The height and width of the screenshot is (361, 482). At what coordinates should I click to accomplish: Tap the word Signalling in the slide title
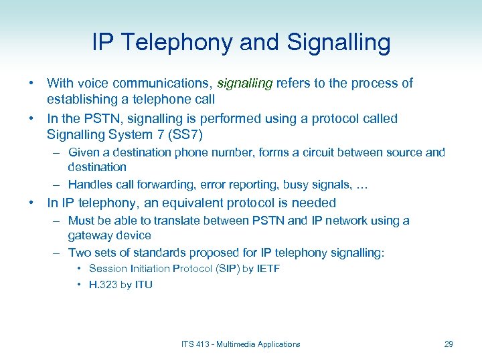(x=338, y=43)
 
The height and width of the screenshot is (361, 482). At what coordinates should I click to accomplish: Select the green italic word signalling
(x=244, y=83)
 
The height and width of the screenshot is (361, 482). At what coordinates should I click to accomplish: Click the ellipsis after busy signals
(x=364, y=185)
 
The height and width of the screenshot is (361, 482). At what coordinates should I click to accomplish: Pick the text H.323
(x=103, y=285)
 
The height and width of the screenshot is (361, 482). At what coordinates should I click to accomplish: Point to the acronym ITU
(x=143, y=285)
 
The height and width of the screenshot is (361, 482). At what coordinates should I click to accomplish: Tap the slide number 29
(x=449, y=344)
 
